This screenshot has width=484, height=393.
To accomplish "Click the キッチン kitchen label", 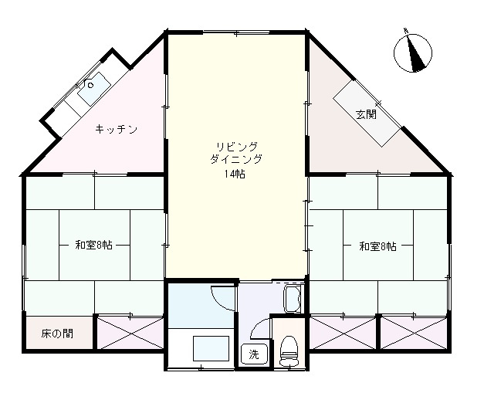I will (116, 129).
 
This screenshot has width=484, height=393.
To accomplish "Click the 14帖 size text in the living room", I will (235, 173).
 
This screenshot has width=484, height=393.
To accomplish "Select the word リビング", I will (236, 147).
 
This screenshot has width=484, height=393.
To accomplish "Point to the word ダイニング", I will (236, 160).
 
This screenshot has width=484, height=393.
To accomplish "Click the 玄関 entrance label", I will (366, 115).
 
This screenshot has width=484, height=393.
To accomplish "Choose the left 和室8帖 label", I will (93, 246).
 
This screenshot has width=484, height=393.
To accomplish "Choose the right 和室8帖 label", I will (377, 246).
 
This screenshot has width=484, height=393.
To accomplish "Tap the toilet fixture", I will (289, 350).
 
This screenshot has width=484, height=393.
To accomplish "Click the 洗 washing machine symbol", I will (253, 354).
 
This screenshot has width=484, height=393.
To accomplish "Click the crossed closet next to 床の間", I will (129, 333).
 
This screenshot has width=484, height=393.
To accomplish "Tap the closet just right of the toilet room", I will (343, 333).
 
